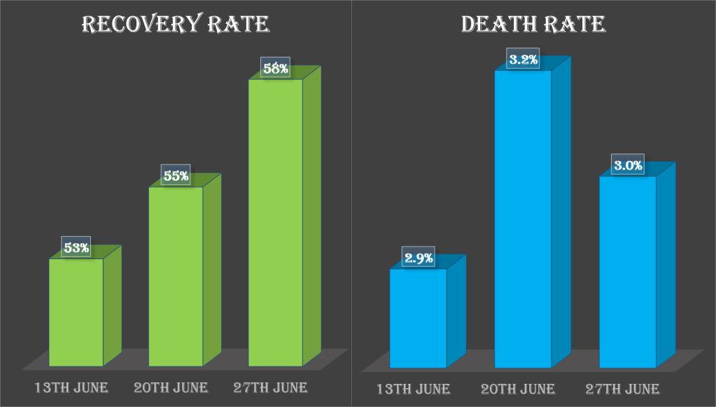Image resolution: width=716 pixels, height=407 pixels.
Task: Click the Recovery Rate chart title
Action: point(175,25)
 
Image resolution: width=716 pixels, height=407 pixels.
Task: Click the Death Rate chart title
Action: point(533,25)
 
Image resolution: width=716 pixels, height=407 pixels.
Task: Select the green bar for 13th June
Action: point(76,312)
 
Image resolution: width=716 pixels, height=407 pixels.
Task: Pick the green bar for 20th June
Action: point(176,276)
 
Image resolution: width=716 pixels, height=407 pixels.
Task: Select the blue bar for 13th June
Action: point(418,318)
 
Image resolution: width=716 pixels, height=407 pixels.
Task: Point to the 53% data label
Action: point(76,247)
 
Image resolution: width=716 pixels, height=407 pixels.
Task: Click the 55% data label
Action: point(176,176)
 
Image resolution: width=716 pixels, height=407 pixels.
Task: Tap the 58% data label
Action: point(275,69)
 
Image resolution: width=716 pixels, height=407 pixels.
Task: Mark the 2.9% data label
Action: point(419,258)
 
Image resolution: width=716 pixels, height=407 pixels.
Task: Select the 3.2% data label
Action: point(524,60)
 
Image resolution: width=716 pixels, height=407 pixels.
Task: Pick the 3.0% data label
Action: point(628,165)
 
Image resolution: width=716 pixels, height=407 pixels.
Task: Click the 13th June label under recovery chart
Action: point(73,387)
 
